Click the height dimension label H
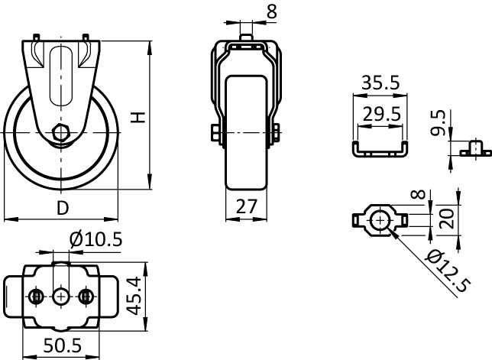(138, 117)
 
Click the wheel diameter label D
(63, 208)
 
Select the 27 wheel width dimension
(247, 206)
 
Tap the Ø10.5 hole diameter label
(95, 240)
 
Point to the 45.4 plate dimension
(135, 297)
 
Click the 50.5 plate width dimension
(62, 345)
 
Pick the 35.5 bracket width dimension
(380, 83)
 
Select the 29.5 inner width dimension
(381, 114)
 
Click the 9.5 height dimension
(438, 122)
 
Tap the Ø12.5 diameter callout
(448, 271)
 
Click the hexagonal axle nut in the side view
(60, 133)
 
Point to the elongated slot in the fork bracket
(61, 76)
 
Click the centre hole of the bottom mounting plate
(61, 296)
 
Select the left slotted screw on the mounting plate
(37, 296)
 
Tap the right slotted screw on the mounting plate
(85, 296)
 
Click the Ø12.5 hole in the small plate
(380, 221)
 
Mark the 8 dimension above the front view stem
(272, 12)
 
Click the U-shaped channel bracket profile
(380, 149)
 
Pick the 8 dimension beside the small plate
(418, 195)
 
